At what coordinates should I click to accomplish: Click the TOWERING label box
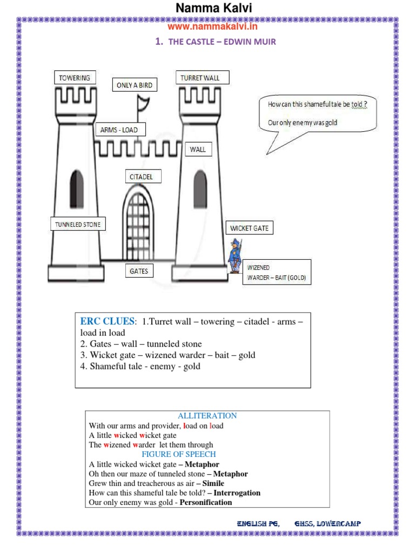75,78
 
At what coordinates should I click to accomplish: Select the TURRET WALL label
201,78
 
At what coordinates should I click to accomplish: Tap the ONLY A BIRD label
135,85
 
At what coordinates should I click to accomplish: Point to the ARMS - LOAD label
119,130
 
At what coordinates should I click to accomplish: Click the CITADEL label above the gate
142,177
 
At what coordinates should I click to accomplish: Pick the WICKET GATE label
249,228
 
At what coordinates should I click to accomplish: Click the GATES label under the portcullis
139,271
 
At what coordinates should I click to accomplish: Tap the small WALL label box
198,150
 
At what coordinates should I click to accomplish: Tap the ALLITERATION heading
207,416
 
